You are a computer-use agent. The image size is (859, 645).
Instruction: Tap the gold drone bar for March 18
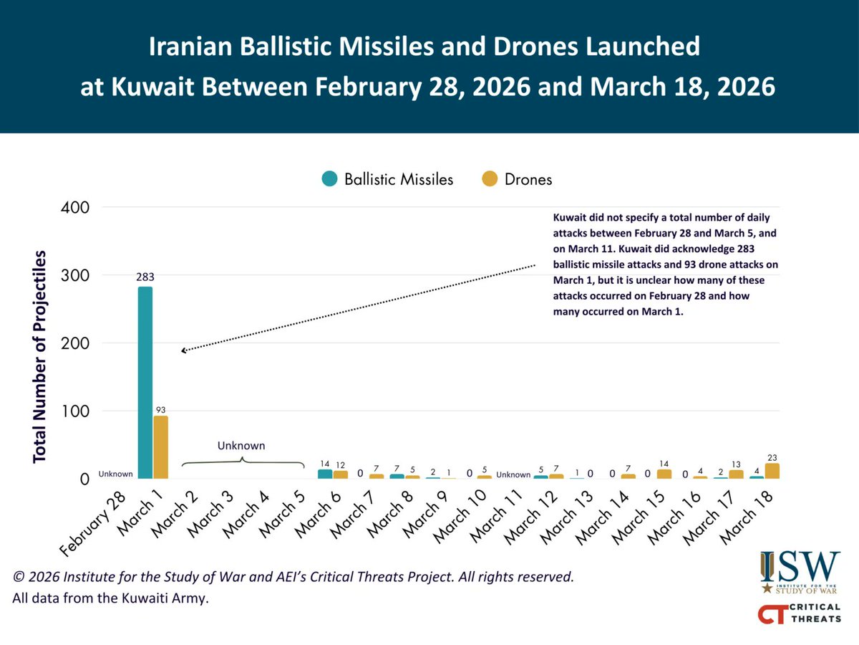pyautogui.click(x=772, y=471)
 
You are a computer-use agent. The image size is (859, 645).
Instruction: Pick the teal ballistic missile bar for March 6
pyautogui.click(x=325, y=474)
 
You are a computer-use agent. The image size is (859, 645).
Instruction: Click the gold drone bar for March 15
pyautogui.click(x=664, y=474)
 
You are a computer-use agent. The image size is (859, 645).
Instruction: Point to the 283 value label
pyautogui.click(x=145, y=277)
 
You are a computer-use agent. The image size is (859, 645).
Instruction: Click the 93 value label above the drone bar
pyautogui.click(x=161, y=410)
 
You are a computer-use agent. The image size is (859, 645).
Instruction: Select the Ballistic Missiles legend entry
pyautogui.click(x=387, y=179)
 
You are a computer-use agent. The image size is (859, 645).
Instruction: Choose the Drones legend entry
pyautogui.click(x=517, y=179)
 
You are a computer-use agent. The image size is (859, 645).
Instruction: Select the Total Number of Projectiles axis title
pyautogui.click(x=40, y=356)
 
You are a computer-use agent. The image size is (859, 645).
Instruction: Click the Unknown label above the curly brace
pyautogui.click(x=241, y=446)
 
